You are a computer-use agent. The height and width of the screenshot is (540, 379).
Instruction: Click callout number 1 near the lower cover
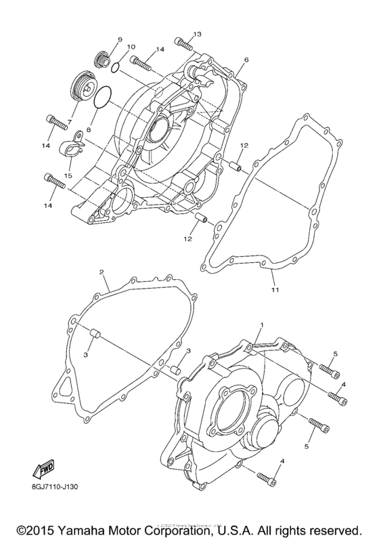tap(260, 326)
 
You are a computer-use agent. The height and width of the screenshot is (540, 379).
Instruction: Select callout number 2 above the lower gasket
tap(101, 272)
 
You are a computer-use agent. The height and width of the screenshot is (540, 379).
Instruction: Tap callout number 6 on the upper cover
tap(246, 60)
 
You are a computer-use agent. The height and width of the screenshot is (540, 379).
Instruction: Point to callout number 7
tap(68, 123)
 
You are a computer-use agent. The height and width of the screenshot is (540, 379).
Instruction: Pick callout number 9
tap(120, 39)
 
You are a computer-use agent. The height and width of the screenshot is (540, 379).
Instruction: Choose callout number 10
tap(131, 47)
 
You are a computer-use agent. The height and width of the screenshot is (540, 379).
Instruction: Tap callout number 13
tap(197, 34)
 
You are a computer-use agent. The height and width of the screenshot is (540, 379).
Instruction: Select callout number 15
tap(68, 176)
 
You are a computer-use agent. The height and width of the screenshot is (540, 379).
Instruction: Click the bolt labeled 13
tap(181, 44)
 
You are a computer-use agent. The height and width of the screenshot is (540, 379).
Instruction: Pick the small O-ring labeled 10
tap(116, 66)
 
